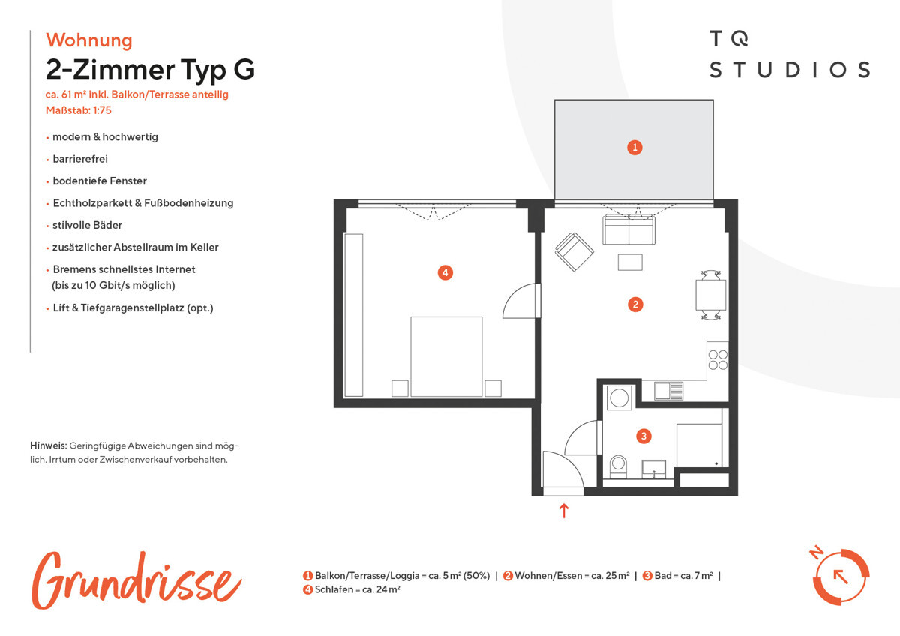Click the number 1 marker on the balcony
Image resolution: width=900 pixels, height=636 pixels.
click(x=634, y=148)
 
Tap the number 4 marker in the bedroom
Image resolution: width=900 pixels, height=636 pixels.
click(x=445, y=273)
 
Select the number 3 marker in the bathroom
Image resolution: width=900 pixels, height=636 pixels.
click(x=643, y=436)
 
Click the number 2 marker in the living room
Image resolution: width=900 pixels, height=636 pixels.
click(x=635, y=304)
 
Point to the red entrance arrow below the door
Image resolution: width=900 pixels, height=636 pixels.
click(x=564, y=511)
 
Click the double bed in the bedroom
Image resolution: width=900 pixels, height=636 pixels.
click(x=446, y=356)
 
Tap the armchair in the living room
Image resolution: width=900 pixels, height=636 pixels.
click(x=574, y=251)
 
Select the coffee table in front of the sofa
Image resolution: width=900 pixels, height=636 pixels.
click(x=630, y=262)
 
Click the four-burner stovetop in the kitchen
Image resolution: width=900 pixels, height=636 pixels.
click(x=718, y=359)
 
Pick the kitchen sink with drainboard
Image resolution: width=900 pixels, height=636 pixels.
click(x=668, y=391)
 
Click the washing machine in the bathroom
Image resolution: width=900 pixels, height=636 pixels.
click(x=619, y=398)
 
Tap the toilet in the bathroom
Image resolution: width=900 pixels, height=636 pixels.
click(x=618, y=466)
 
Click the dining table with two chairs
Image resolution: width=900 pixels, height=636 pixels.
click(x=711, y=295)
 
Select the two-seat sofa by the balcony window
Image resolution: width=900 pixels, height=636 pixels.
click(x=628, y=229)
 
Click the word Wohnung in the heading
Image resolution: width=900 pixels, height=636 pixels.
click(x=89, y=40)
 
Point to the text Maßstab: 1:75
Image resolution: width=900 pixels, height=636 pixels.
click(x=78, y=110)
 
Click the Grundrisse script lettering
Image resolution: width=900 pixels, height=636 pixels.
click(x=136, y=580)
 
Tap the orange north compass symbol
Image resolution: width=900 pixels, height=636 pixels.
click(x=840, y=576)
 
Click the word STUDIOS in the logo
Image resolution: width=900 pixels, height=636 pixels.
click(x=790, y=70)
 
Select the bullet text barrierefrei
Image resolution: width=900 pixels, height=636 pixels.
click(x=80, y=159)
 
